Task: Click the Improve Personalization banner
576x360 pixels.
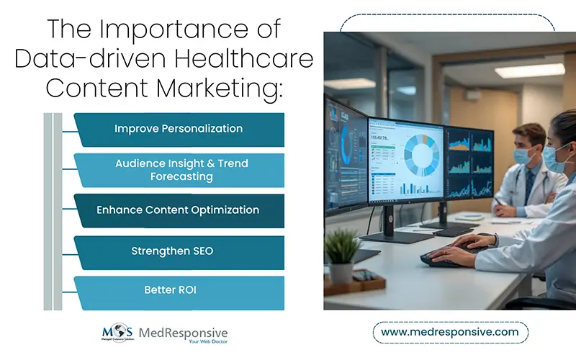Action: tap(179, 129)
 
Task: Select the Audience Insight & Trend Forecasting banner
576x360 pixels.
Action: tap(181, 170)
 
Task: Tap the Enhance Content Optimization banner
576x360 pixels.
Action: tap(178, 210)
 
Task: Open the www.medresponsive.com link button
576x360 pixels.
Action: tap(449, 332)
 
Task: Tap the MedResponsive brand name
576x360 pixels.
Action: tap(186, 332)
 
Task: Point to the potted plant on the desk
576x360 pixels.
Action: tap(342, 248)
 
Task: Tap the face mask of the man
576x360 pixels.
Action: tap(523, 155)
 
